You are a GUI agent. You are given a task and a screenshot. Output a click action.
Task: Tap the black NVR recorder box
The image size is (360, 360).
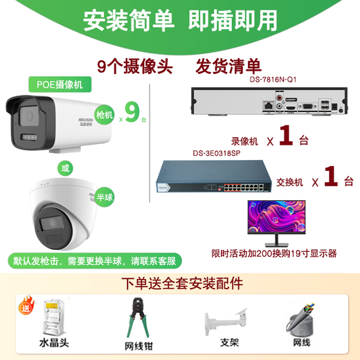[x=267, y=102]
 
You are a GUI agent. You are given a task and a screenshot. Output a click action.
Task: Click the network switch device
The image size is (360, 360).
[x=208, y=177]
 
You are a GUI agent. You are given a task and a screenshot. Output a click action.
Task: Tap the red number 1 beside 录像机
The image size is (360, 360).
[x=283, y=134]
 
